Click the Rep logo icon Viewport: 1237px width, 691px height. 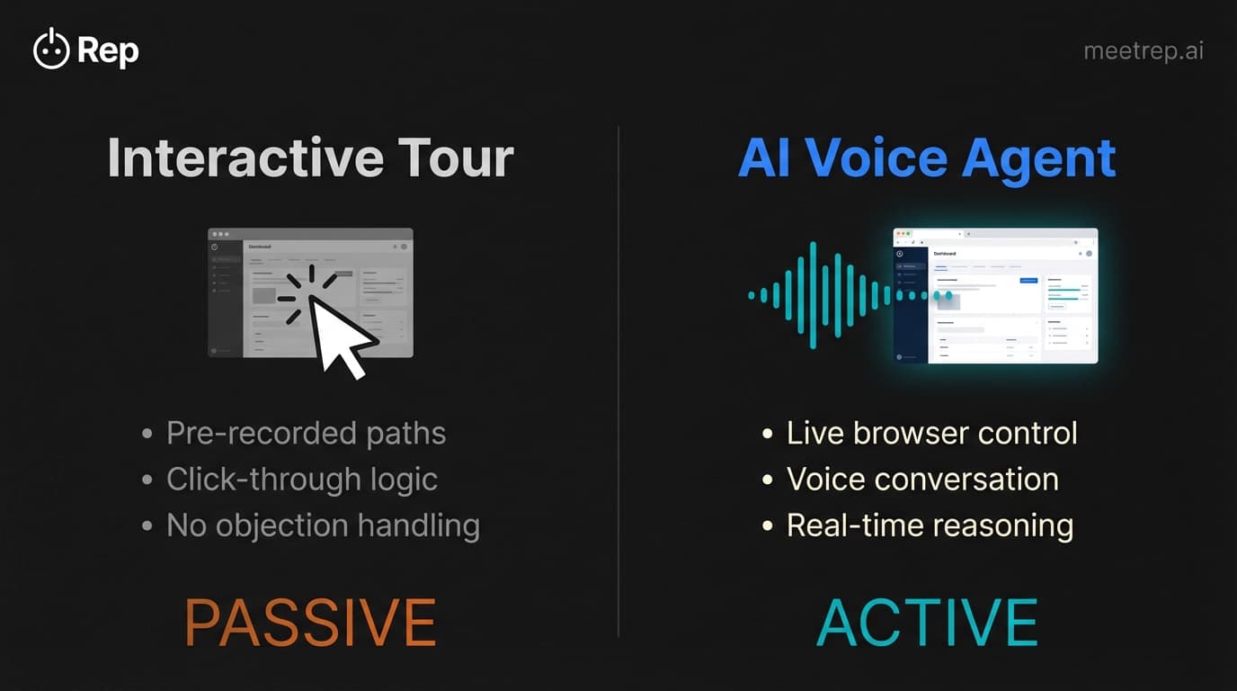[x=51, y=49]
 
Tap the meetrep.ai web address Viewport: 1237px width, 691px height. [x=1144, y=50]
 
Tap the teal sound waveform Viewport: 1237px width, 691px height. [x=814, y=295]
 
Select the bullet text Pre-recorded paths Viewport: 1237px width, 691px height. [x=306, y=433]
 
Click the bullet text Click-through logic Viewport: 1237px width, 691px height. [x=301, y=479]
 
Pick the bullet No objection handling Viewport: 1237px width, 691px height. [x=323, y=525]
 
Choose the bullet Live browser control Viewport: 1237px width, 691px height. [x=931, y=433]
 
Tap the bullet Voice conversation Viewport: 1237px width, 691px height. [x=922, y=479]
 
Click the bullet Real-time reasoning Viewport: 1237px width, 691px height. [x=930, y=525]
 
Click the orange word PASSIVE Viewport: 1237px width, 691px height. [x=310, y=622]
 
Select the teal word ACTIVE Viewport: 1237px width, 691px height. [x=927, y=622]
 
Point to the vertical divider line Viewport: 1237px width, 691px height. [x=618, y=378]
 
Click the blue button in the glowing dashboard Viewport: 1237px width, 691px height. [x=1028, y=281]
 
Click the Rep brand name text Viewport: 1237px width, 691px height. [x=108, y=50]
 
